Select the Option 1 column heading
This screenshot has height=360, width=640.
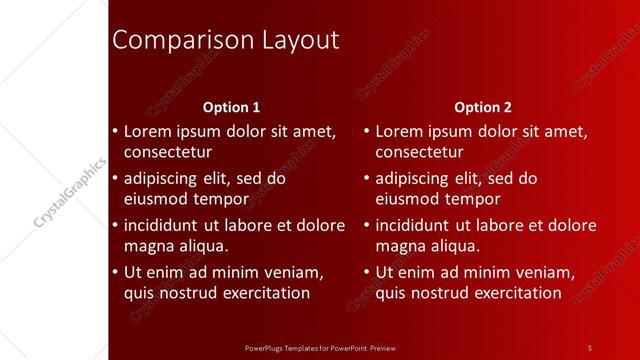click(x=231, y=107)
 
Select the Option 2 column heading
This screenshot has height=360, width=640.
click(x=482, y=107)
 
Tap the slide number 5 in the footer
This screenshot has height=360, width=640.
click(x=589, y=347)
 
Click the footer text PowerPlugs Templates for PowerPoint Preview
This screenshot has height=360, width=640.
click(x=320, y=347)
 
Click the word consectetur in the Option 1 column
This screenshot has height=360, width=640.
click(x=168, y=153)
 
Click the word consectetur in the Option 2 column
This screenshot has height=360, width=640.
click(x=419, y=153)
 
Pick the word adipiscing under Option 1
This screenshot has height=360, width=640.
click(x=163, y=179)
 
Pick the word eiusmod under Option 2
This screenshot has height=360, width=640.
click(x=408, y=199)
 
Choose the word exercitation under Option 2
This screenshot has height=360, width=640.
click(x=510, y=293)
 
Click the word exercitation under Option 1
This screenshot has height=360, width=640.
click(x=259, y=293)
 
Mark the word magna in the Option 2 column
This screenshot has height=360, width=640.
click(x=399, y=246)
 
